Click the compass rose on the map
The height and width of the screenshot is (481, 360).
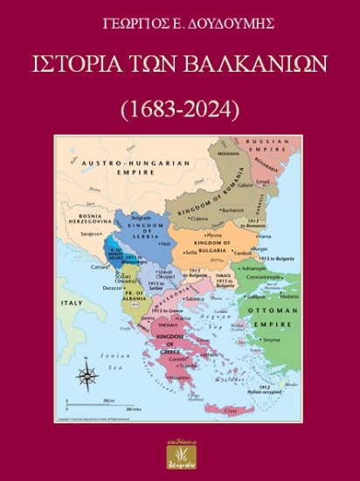tap(87, 377)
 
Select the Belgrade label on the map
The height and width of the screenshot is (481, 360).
tap(142, 216)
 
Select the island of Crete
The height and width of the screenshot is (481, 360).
tap(230, 409)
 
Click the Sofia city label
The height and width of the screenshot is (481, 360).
tap(192, 251)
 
